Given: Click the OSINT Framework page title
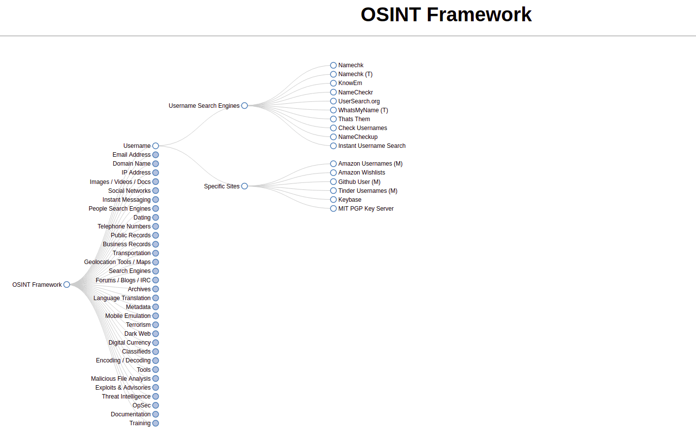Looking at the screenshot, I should [446, 15].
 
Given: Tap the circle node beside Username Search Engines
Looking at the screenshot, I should [245, 106].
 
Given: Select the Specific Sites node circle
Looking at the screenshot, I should [245, 186].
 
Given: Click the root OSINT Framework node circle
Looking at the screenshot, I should [67, 285].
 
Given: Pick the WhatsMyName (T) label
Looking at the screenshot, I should [363, 110].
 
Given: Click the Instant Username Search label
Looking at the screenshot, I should [371, 146].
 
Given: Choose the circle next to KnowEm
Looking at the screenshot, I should [333, 83].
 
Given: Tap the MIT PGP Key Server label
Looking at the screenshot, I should [366, 209].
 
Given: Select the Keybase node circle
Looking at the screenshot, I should [333, 200].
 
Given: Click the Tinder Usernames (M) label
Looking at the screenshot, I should [368, 191].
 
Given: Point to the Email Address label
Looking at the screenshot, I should [131, 155].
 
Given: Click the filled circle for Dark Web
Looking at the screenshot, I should [156, 334].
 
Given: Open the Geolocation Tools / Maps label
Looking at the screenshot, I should [117, 262].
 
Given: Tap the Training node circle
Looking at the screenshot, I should [156, 423].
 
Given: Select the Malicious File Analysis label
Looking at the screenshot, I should [121, 379].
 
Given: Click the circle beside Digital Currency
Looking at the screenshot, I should [156, 343].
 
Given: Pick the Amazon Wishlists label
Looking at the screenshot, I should [362, 173].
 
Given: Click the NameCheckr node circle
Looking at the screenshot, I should [333, 92].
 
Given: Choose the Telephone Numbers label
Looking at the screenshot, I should [124, 226].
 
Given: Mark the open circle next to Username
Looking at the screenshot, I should [156, 146].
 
